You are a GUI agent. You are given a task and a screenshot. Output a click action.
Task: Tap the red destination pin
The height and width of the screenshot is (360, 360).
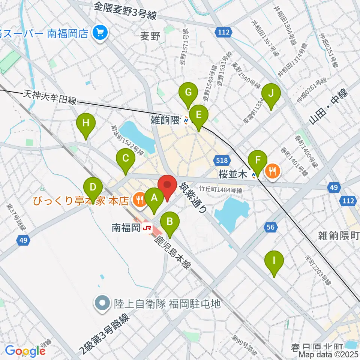pyautogui.click(x=167, y=187)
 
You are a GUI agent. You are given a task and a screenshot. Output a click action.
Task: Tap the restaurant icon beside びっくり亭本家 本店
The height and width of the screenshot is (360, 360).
pyautogui.click(x=140, y=200)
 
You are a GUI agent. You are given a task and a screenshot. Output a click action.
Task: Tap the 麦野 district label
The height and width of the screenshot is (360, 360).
pyautogui.click(x=150, y=36)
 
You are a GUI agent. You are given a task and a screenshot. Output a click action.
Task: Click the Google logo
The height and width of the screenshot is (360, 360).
pyautogui.click(x=25, y=351)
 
